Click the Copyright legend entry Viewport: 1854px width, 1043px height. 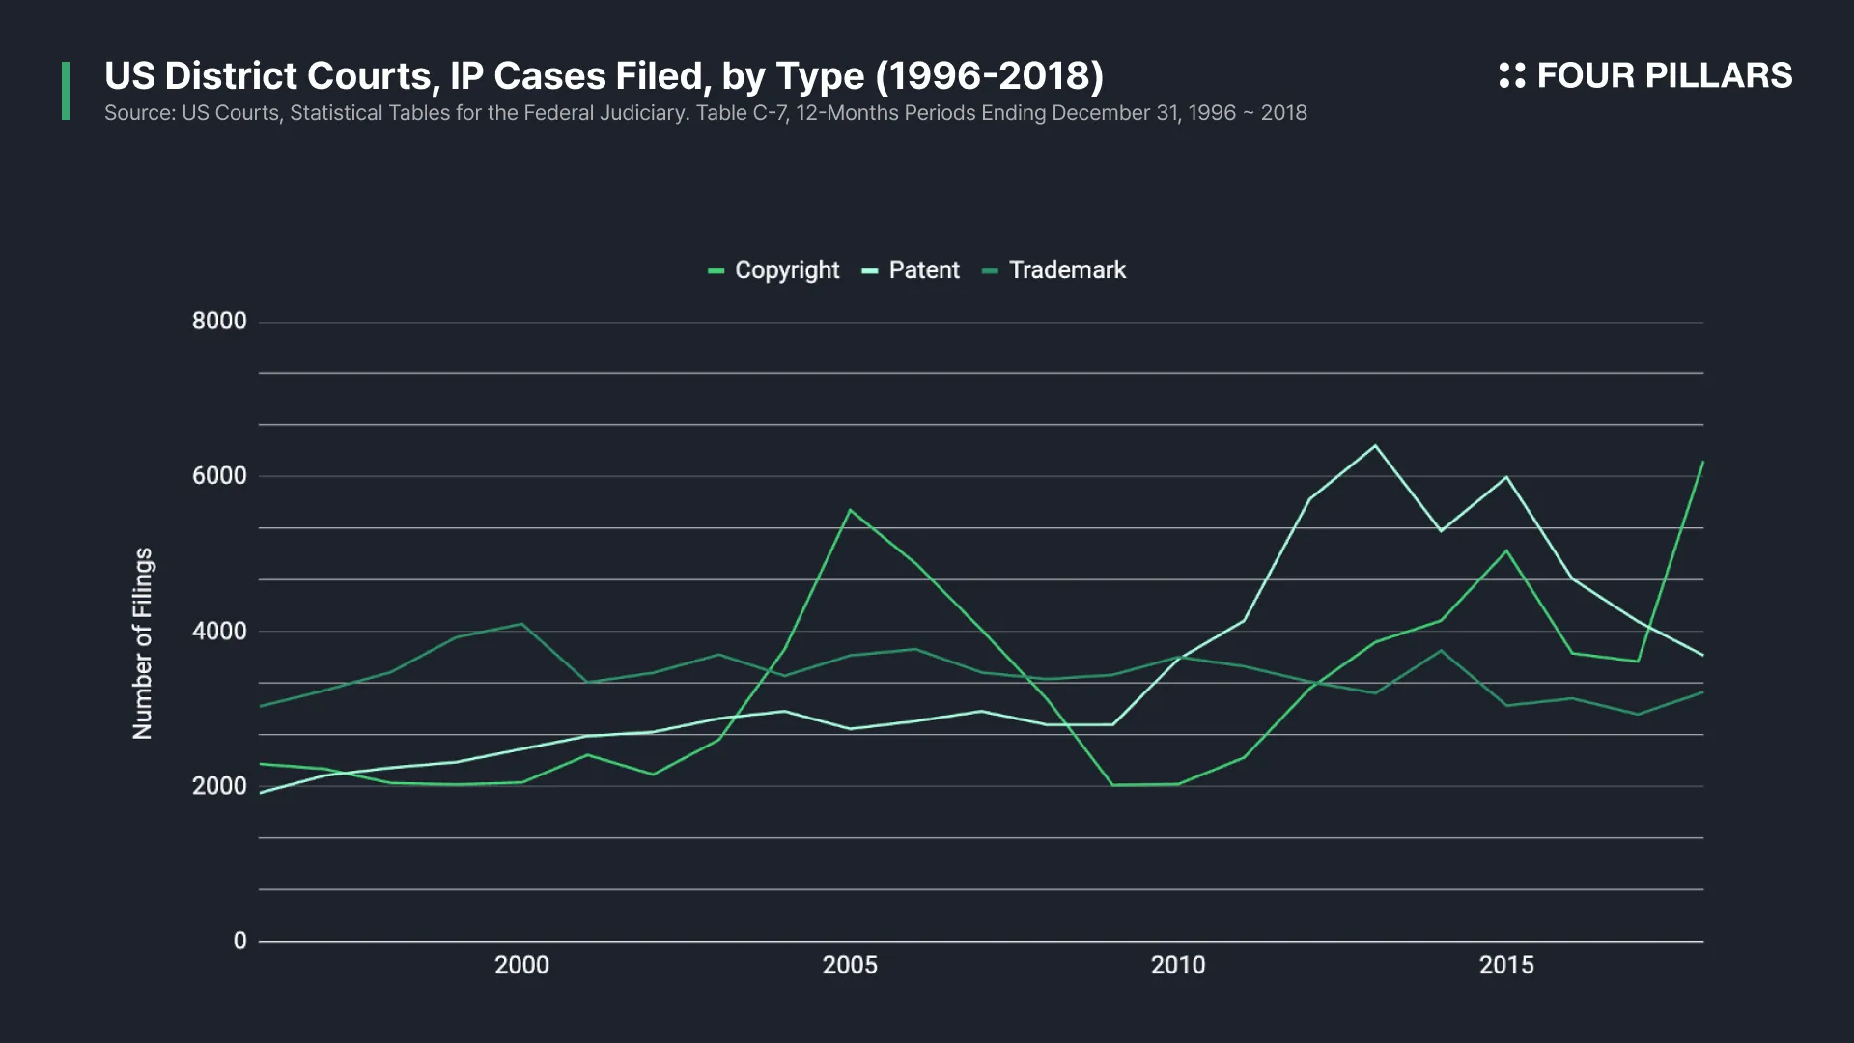(774, 270)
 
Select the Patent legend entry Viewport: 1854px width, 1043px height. (912, 270)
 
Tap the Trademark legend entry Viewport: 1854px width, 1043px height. (1054, 270)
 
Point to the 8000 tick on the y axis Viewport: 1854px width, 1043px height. (219, 322)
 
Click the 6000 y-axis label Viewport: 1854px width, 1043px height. (219, 476)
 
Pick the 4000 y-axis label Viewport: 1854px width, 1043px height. (219, 632)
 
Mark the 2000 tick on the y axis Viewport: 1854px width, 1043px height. (219, 786)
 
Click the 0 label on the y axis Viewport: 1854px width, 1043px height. (239, 941)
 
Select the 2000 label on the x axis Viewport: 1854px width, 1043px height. (521, 965)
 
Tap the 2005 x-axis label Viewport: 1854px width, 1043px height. (850, 965)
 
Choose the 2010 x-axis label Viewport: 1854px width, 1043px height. (1178, 965)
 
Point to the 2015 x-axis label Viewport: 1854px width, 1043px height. (1506, 965)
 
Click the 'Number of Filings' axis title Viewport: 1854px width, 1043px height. (143, 643)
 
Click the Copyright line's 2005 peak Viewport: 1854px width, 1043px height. (850, 510)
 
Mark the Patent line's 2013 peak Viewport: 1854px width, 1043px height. (1375, 446)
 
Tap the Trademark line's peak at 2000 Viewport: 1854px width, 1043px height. (522, 624)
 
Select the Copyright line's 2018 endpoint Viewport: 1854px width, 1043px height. (1702, 463)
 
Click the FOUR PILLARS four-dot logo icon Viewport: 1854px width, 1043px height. (1511, 75)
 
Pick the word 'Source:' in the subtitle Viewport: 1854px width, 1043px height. (139, 113)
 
